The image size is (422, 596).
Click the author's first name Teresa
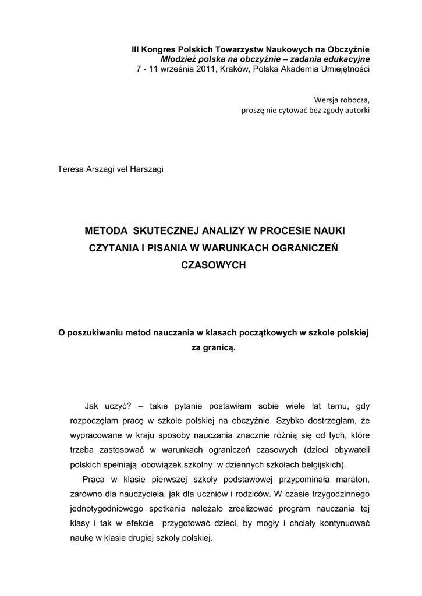(x=70, y=170)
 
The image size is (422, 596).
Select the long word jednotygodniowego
(x=95, y=509)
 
